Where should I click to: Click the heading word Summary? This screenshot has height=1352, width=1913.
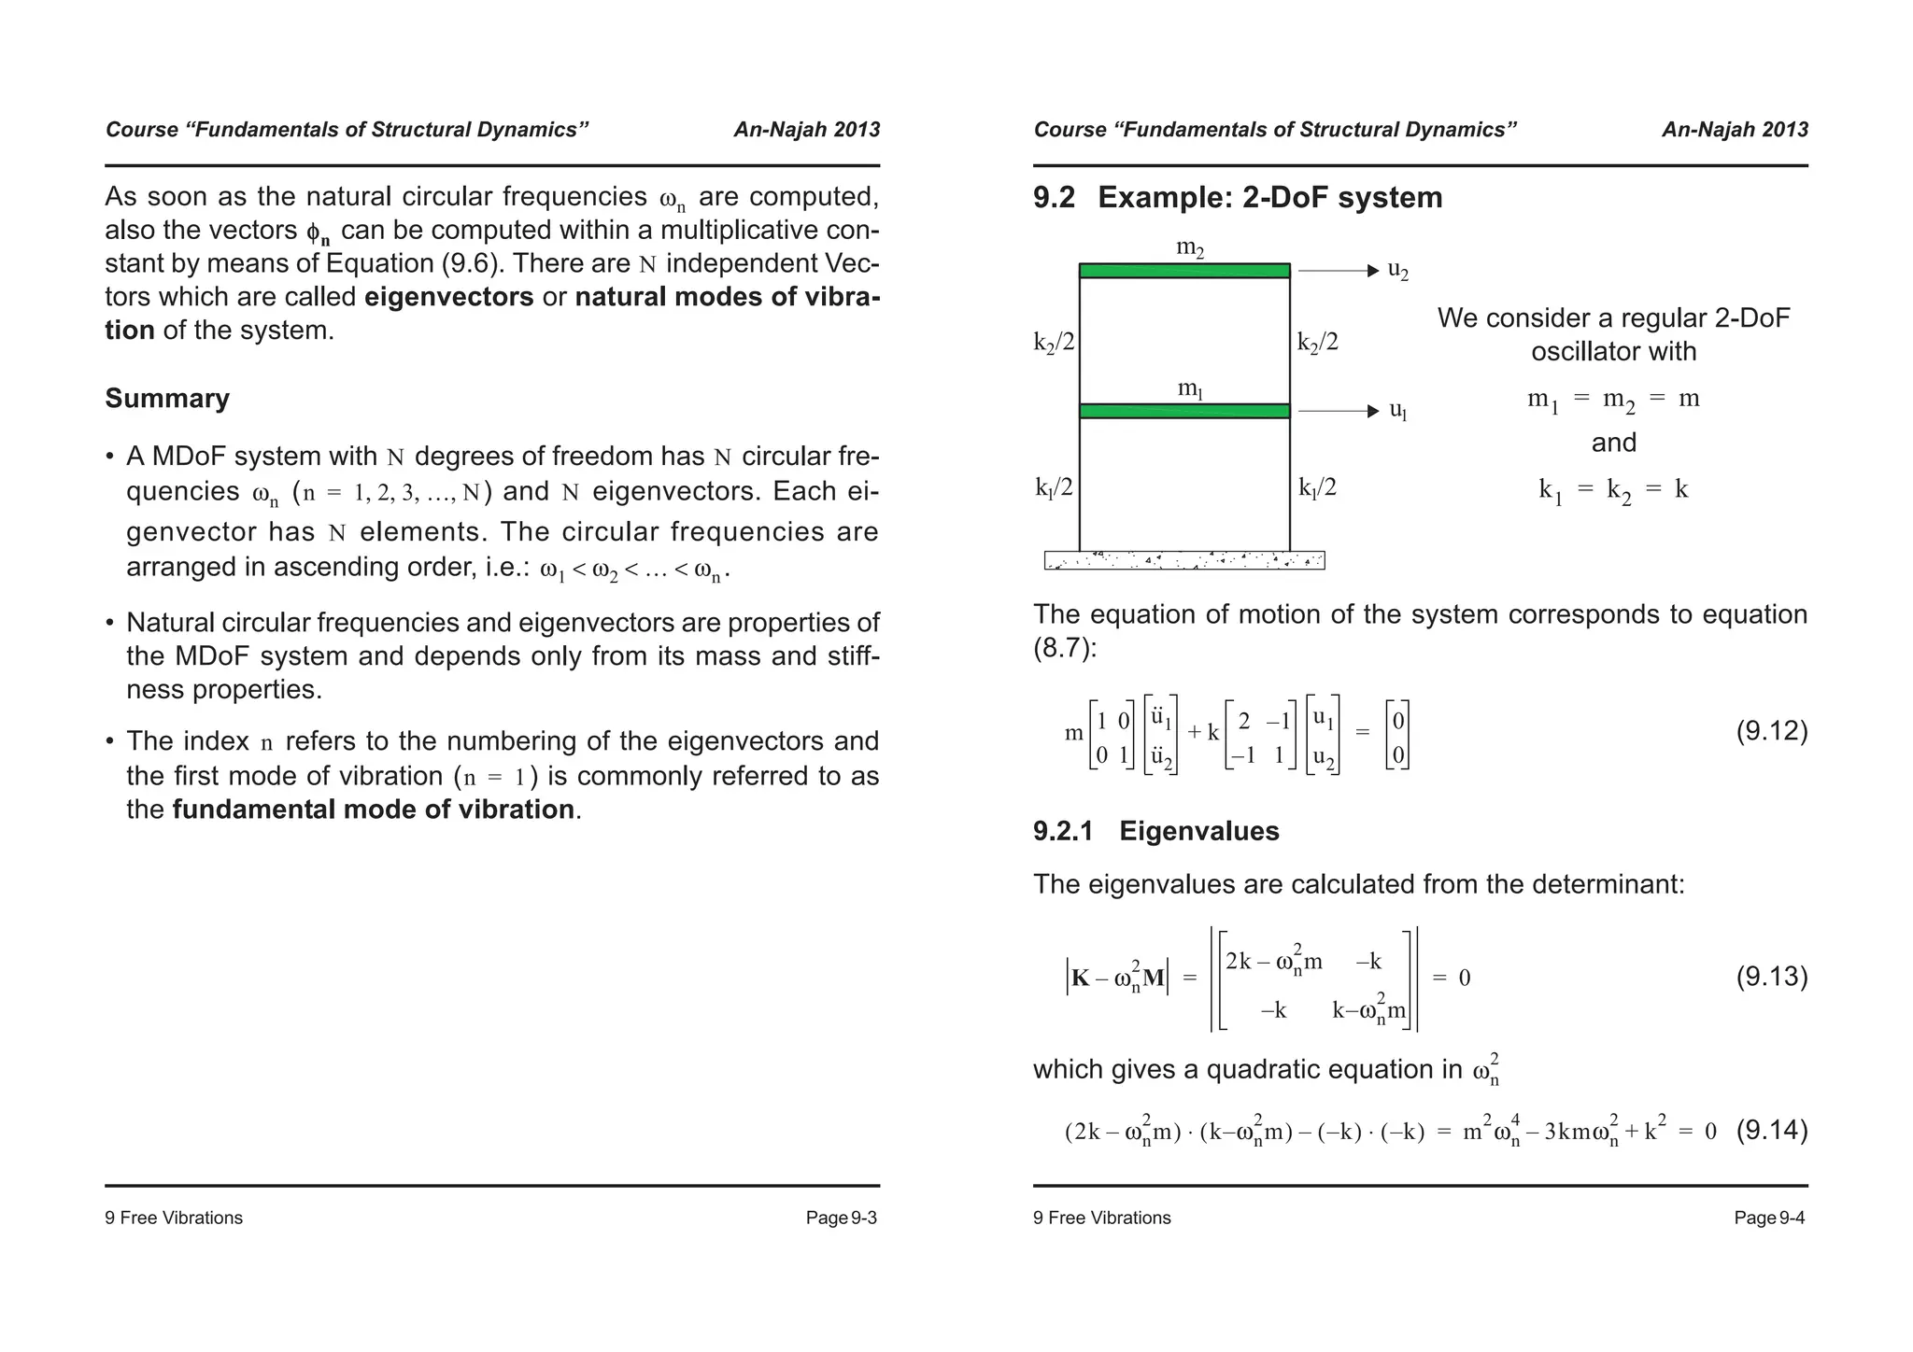pos(167,399)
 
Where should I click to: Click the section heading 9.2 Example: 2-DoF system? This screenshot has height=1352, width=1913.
pos(1237,198)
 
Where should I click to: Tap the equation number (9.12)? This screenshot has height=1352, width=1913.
pos(1771,731)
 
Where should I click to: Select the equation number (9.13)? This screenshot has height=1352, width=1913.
pos(1771,978)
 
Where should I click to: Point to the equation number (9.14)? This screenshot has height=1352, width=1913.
pos(1771,1131)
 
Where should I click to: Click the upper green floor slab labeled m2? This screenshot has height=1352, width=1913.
pos(1183,271)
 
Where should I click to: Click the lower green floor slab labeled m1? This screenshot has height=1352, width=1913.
pos(1183,411)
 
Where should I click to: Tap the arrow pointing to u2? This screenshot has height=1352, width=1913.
pos(1338,271)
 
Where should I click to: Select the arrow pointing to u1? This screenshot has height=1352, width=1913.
pos(1338,411)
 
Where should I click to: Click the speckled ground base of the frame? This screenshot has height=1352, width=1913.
pos(1183,560)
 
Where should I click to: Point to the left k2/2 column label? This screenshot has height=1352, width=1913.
pos(1054,343)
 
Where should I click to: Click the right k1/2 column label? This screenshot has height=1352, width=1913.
pos(1317,487)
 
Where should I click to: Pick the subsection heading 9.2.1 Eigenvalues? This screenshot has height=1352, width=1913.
pos(1155,831)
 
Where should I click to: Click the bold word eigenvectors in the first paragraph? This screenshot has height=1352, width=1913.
pos(448,297)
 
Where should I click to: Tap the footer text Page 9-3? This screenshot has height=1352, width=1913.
pos(841,1218)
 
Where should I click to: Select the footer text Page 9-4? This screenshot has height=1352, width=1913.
pos(1768,1218)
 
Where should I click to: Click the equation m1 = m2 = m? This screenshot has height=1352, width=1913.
pos(1613,400)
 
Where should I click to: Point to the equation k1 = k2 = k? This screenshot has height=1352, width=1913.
pos(1613,490)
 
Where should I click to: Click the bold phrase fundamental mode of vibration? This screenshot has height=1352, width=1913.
pos(373,810)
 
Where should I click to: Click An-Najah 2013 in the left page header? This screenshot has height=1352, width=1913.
pos(806,130)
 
